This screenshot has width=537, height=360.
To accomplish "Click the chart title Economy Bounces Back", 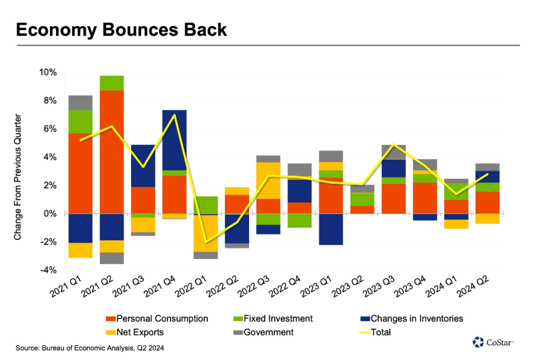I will pyautogui.click(x=122, y=29).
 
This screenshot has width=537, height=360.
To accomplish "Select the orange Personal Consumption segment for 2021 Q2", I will pyautogui.click(x=112, y=152).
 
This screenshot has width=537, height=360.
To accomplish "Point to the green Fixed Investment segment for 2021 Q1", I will pyautogui.click(x=80, y=122).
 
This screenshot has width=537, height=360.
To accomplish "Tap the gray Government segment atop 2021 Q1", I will pyautogui.click(x=80, y=103).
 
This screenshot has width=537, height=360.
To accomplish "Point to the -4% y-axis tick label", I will pyautogui.click(x=48, y=270).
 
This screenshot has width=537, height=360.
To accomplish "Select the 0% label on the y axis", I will pyautogui.click(x=49, y=214).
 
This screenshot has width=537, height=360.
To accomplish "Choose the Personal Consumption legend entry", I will pyautogui.click(x=157, y=319).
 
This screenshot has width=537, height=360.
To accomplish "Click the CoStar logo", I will pyautogui.click(x=492, y=342).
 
